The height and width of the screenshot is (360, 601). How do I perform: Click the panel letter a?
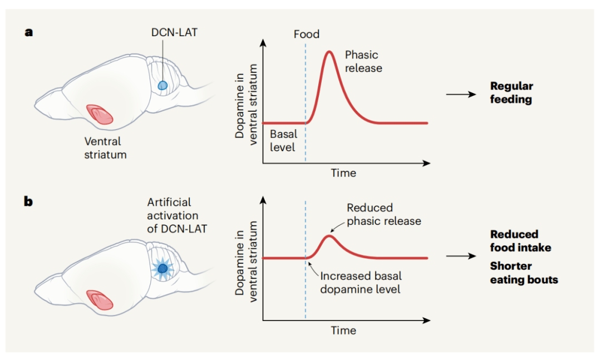pos(28,32)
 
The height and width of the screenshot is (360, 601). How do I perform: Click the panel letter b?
pos(28,201)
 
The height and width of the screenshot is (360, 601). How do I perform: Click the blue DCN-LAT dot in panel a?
pos(162,85)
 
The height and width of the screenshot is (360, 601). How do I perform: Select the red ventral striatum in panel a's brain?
pos(99,114)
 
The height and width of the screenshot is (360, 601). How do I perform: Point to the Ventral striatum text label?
pos(105,148)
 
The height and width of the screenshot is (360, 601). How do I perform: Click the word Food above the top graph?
pos(307,34)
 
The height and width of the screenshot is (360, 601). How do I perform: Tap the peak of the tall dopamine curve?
pos(329,52)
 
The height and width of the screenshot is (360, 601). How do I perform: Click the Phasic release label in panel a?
pos(363,61)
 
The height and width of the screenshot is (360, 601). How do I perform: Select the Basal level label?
pos(283,141)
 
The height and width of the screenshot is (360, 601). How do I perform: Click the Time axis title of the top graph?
pos(343,173)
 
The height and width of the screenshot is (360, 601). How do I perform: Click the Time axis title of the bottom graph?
pos(343,331)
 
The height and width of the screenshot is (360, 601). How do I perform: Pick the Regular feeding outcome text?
pos(511,93)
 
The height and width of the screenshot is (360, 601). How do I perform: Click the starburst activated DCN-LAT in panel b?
pos(162,269)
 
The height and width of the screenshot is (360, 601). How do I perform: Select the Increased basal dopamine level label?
pos(361,282)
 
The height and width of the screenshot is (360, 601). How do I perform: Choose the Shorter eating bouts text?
pos(524,273)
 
